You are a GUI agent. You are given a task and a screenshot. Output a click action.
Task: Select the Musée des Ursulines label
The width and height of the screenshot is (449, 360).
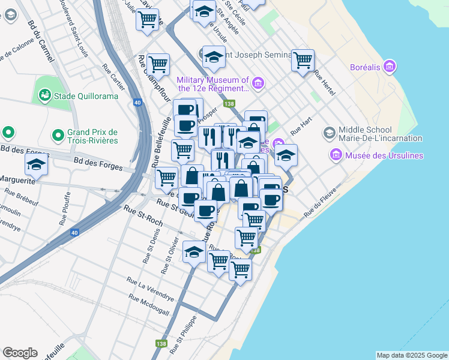pyautogui.click(x=384, y=156)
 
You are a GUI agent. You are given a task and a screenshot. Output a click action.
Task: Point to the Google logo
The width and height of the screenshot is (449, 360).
pyautogui.click(x=20, y=353)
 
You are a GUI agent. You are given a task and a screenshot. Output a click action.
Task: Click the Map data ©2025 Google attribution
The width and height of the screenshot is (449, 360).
pyautogui.click(x=411, y=355)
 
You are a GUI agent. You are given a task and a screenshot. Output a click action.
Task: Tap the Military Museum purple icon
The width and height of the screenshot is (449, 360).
pyautogui.click(x=259, y=83)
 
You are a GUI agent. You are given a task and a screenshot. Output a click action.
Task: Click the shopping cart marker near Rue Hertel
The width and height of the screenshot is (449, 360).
pyautogui.click(x=303, y=60)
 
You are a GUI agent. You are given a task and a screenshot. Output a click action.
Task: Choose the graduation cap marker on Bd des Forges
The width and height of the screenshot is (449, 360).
pyautogui.click(x=37, y=165)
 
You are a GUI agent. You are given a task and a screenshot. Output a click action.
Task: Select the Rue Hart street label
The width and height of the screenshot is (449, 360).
pyautogui.click(x=301, y=125)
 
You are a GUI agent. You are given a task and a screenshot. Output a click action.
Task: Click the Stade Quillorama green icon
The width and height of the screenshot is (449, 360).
pyautogui.click(x=44, y=95)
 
